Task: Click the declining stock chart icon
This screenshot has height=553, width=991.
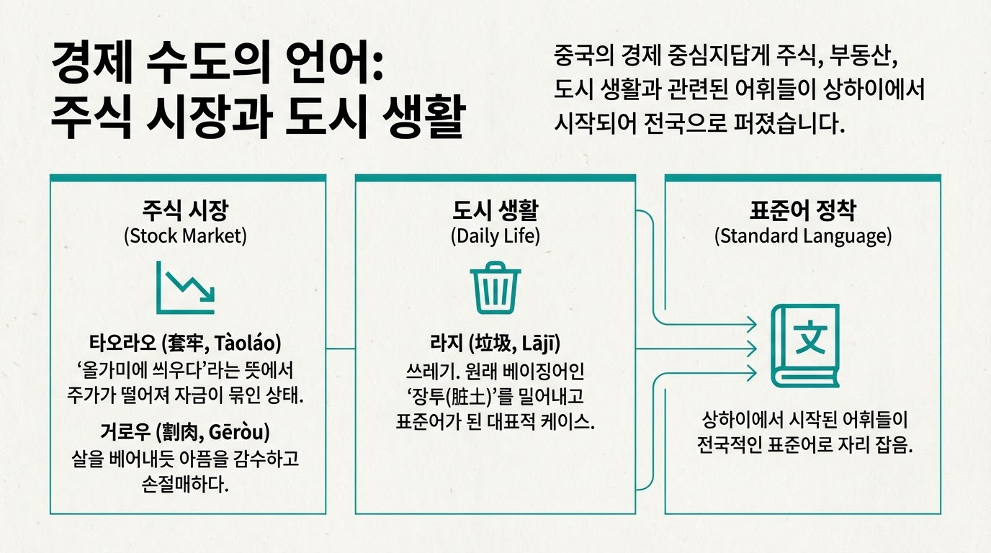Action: point(186,287)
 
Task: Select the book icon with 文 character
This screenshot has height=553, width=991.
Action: point(806,345)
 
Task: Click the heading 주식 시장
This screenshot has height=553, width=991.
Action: point(185,211)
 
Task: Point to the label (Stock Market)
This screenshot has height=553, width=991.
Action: point(185,235)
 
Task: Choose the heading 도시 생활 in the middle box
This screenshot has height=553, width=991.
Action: point(495,211)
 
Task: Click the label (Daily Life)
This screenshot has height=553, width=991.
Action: point(495,235)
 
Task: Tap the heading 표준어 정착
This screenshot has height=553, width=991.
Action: point(803,211)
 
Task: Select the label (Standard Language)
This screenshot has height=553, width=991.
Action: point(803,235)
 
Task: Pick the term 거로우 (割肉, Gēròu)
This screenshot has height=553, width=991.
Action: point(186,433)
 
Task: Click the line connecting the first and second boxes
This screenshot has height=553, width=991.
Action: point(341,349)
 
